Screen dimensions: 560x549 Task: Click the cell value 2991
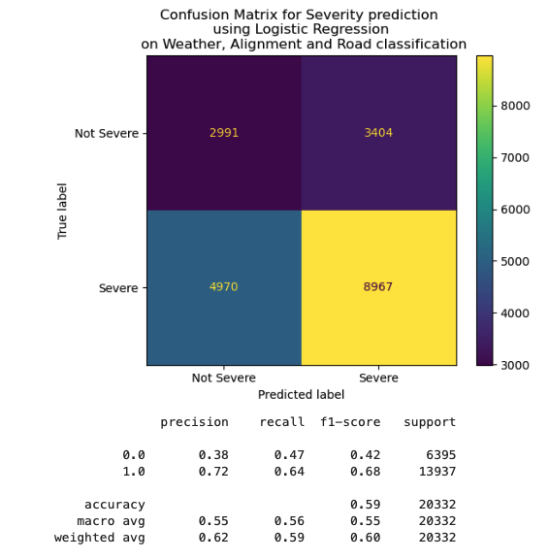point(223,133)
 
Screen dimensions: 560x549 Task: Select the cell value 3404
point(378,133)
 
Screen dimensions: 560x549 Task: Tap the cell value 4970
point(223,287)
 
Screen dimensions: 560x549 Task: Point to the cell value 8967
point(378,287)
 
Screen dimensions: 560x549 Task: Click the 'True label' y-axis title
point(63,211)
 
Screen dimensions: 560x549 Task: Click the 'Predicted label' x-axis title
point(301,395)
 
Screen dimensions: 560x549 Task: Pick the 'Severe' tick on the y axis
point(118,288)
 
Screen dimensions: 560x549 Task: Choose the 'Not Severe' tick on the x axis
point(223,379)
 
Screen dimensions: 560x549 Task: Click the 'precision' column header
point(194,422)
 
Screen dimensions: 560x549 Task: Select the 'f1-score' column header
point(350,422)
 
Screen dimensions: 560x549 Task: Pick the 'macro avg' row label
point(112,521)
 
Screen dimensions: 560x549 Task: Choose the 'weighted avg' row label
point(100,538)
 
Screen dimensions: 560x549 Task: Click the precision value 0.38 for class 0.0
point(213,455)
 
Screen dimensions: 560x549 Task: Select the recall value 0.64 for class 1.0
point(289,472)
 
